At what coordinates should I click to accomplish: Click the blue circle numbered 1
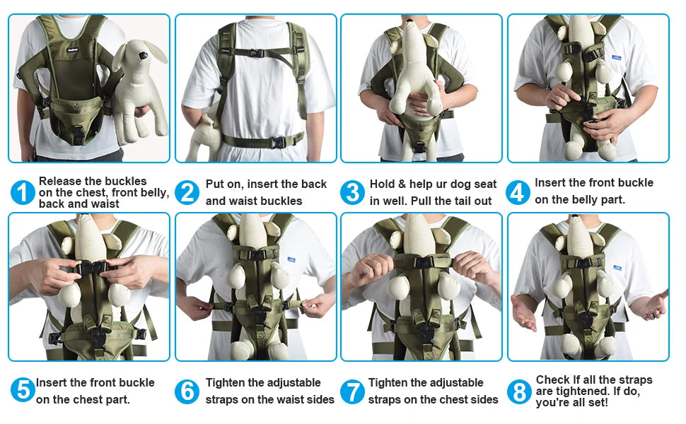pyautogui.click(x=23, y=193)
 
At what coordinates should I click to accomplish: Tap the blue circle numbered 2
pyautogui.click(x=187, y=193)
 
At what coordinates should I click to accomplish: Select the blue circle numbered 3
pyautogui.click(x=352, y=193)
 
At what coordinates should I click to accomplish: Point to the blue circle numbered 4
pyautogui.click(x=518, y=192)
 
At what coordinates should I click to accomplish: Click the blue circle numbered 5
pyautogui.click(x=23, y=390)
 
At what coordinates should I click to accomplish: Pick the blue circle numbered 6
pyautogui.click(x=187, y=391)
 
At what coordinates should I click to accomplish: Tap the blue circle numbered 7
pyautogui.click(x=352, y=391)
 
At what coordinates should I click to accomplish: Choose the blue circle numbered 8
pyautogui.click(x=518, y=391)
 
